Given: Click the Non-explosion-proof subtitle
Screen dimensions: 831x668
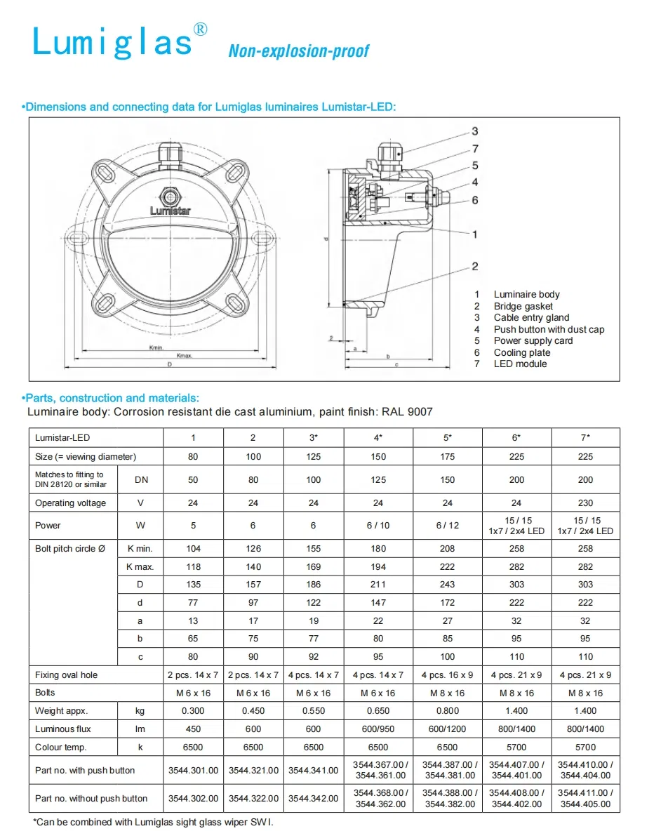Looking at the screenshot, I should click(298, 51).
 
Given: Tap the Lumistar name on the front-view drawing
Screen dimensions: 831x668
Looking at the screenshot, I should click(171, 210).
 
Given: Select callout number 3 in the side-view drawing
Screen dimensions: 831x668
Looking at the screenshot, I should click(475, 131).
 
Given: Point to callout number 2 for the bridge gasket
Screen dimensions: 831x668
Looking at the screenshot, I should click(475, 266).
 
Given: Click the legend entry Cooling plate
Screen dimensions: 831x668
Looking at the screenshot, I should click(521, 352).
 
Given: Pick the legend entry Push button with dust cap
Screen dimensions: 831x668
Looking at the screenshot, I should click(548, 329).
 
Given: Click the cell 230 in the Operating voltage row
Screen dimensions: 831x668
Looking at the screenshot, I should click(585, 503).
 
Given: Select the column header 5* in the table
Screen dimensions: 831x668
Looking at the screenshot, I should click(447, 438).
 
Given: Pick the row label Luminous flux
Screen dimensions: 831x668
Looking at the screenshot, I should click(63, 729).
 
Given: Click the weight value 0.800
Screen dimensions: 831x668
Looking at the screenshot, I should click(447, 711).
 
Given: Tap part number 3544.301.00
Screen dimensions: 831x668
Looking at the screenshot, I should click(193, 771).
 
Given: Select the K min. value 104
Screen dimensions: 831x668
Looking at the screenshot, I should click(193, 549).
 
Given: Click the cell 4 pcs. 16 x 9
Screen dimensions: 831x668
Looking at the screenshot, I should click(447, 675).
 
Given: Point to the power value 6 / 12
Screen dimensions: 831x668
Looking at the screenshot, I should click(447, 525).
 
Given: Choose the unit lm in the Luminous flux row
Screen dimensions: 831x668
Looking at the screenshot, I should click(140, 729).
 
